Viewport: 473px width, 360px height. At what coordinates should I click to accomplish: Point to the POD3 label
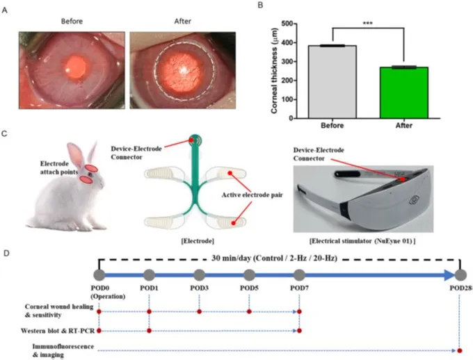(200, 288)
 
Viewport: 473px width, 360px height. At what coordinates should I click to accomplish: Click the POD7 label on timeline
(300, 288)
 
